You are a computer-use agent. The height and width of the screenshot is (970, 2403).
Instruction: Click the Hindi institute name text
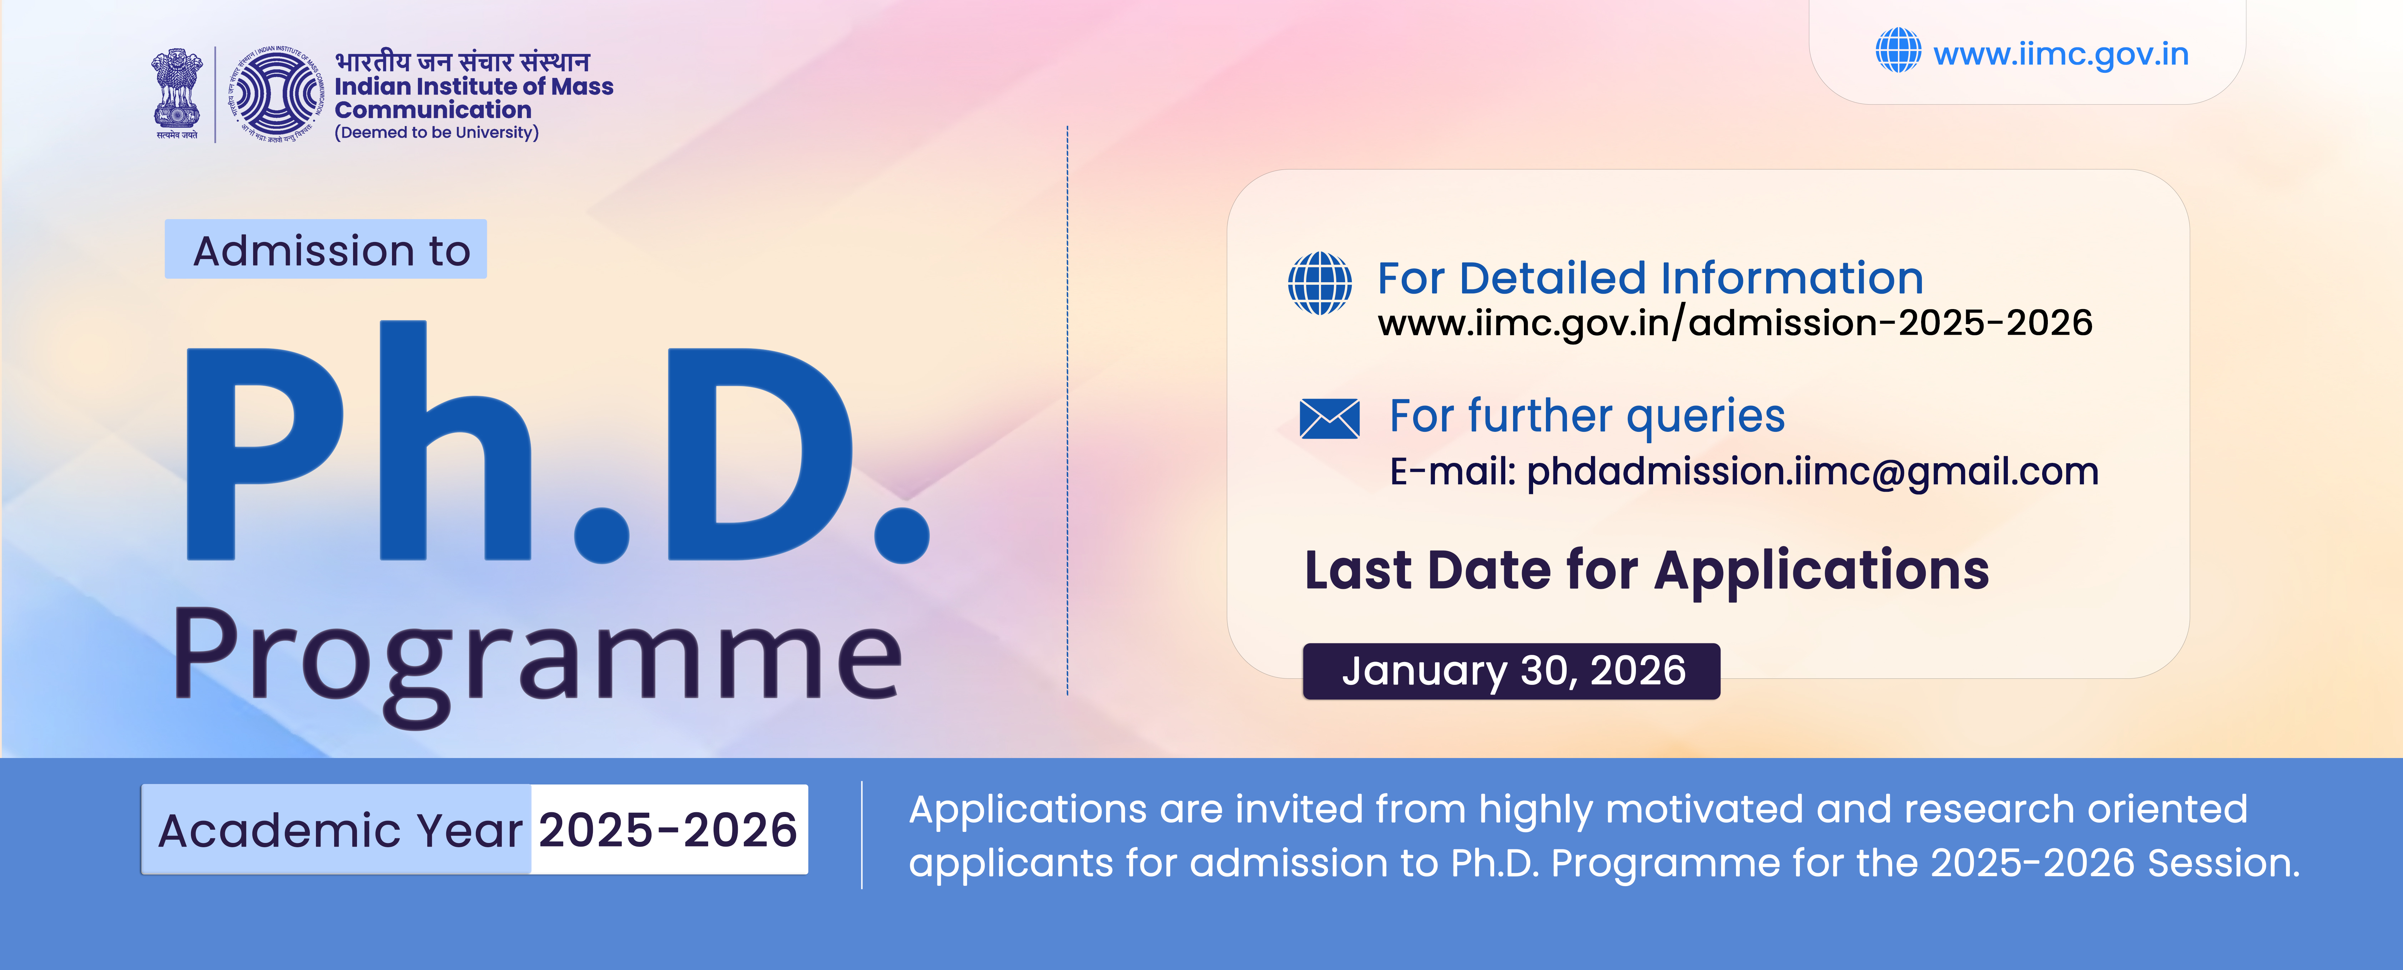(x=463, y=61)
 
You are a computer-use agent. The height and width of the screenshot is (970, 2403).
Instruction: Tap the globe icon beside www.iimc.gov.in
(x=1898, y=50)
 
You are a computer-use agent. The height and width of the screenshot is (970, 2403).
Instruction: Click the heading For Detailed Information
(x=1650, y=278)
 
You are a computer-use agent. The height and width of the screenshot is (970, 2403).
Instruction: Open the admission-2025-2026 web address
(x=1735, y=323)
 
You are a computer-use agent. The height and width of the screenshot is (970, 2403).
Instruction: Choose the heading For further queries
(x=1587, y=416)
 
